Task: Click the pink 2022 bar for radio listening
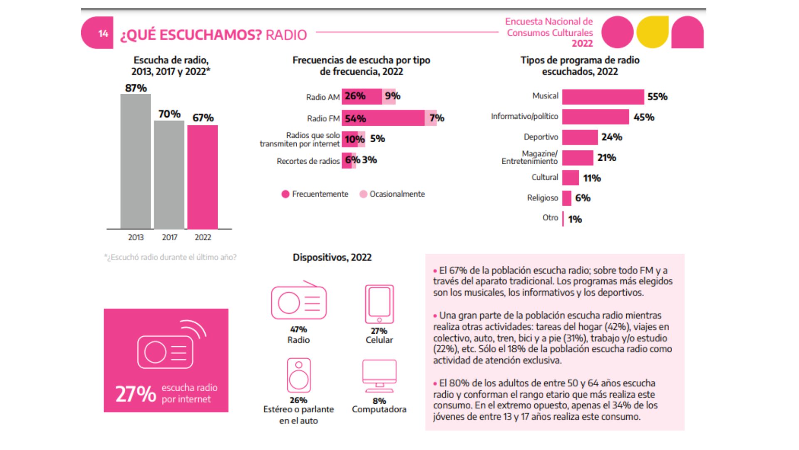point(202,177)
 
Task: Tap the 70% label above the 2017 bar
point(169,114)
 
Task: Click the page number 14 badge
point(103,33)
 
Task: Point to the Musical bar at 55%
point(603,97)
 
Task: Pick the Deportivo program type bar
point(580,137)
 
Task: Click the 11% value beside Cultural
point(592,178)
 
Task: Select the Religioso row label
point(542,198)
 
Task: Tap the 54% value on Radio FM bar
point(355,119)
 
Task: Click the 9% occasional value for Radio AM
point(392,96)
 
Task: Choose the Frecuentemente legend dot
point(285,194)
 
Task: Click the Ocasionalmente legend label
point(397,194)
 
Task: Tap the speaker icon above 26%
point(298,375)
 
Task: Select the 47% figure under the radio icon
point(298,330)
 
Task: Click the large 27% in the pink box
point(136,394)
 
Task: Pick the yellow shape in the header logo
point(653,32)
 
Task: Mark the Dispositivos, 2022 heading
point(332,257)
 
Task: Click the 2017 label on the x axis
point(169,237)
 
